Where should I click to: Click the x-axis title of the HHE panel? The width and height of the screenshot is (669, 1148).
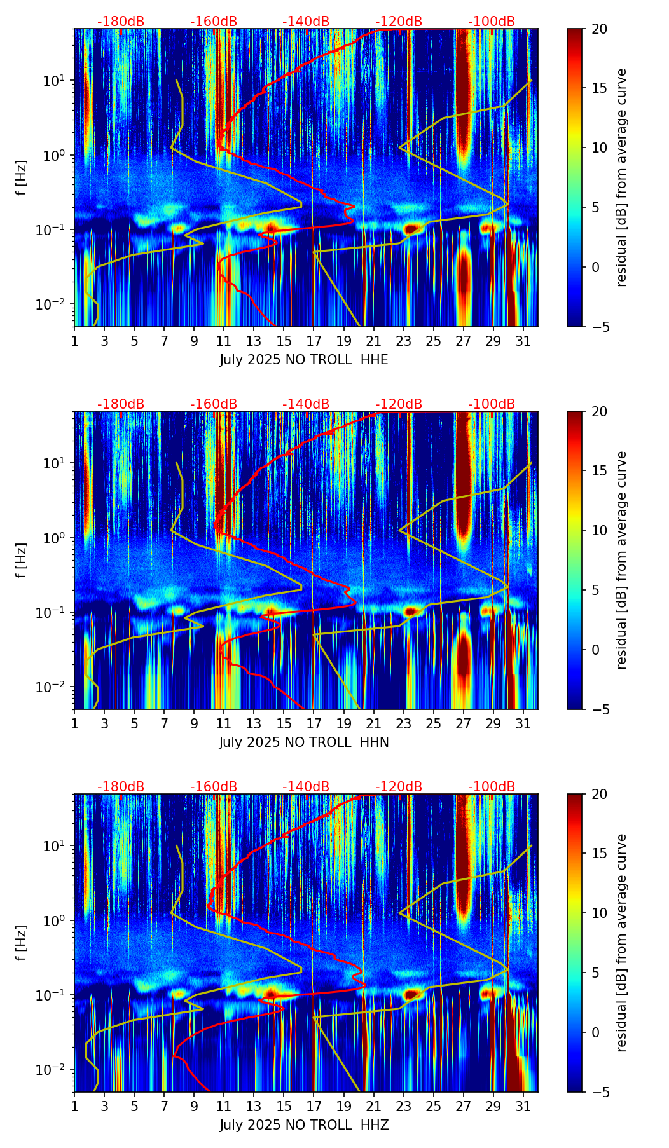click(x=304, y=360)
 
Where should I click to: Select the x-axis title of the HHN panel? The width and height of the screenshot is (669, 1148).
click(x=304, y=742)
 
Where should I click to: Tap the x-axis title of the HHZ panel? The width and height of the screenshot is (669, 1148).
click(x=304, y=1125)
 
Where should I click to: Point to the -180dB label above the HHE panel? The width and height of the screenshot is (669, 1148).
click(x=121, y=22)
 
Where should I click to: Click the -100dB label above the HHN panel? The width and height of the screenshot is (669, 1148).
click(x=492, y=404)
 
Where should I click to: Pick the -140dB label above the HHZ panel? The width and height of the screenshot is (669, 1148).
click(x=306, y=787)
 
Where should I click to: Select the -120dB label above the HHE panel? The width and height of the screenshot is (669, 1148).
click(x=399, y=22)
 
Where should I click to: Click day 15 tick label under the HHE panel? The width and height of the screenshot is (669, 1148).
click(x=284, y=341)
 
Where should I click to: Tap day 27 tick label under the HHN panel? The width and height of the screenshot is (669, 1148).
click(x=464, y=723)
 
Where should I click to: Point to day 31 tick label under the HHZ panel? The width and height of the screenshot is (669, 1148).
click(x=523, y=1106)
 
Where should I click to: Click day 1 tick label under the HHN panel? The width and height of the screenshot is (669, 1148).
click(x=74, y=723)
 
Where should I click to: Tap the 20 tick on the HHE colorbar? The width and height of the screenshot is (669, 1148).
click(x=599, y=29)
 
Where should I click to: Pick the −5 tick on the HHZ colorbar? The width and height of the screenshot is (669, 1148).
click(x=599, y=1092)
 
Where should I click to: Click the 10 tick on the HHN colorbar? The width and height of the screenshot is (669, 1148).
click(x=599, y=530)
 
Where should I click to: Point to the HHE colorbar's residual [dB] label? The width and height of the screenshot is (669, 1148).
click(x=621, y=177)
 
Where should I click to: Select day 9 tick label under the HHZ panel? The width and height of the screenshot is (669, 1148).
click(x=194, y=1106)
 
